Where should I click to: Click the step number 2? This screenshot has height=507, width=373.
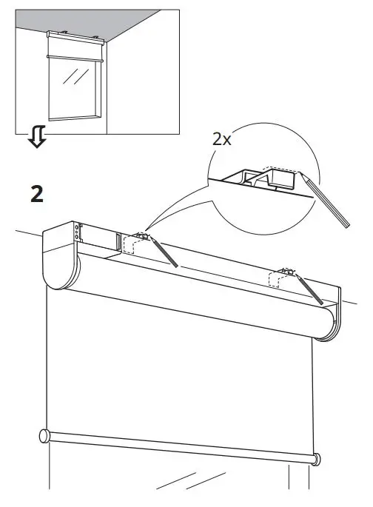tap(36, 194)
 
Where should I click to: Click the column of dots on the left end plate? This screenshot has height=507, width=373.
tap(76, 233)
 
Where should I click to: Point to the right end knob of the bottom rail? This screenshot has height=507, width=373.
tap(317, 460)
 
